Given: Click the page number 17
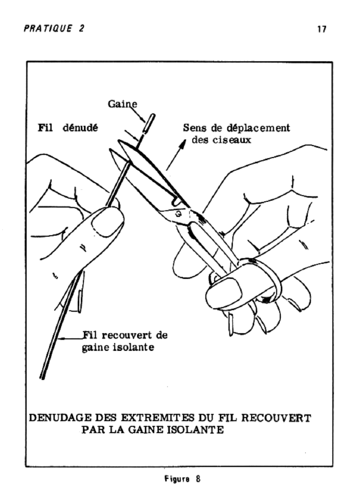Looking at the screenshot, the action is click(x=322, y=29).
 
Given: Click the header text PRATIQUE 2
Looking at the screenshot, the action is click(x=54, y=28).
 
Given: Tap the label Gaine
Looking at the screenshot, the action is click(x=122, y=104).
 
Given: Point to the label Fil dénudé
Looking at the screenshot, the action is click(x=68, y=128).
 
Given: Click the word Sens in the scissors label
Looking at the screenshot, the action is click(x=194, y=128).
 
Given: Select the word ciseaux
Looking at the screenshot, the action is click(x=232, y=140).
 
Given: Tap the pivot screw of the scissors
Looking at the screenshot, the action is click(x=178, y=214).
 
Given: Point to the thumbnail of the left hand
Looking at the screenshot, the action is click(x=107, y=221).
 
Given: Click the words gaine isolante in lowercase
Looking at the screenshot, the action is click(x=118, y=347).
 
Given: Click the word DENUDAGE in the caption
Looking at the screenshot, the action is click(x=60, y=418).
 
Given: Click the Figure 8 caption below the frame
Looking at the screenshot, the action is click(x=182, y=479).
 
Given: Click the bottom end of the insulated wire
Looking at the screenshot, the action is click(x=42, y=377).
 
